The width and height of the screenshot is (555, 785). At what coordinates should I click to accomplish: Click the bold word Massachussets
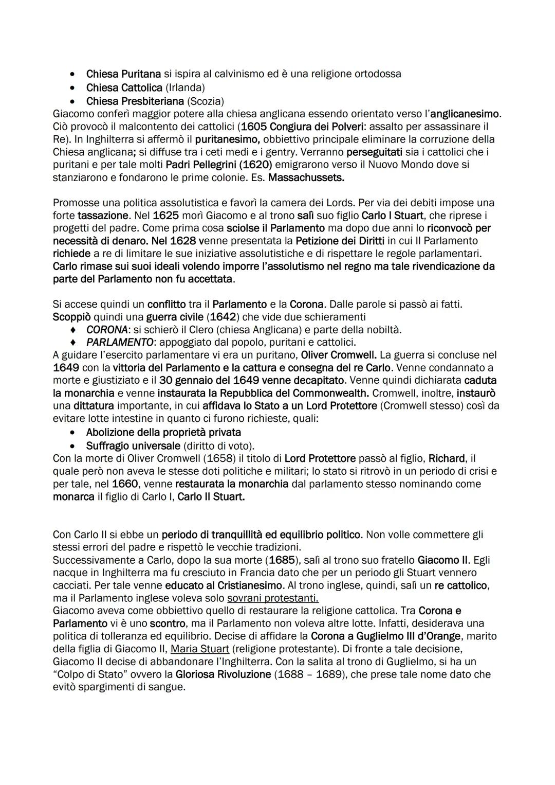[306, 177]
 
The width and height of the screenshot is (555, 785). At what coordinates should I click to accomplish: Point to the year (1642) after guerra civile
[242, 317]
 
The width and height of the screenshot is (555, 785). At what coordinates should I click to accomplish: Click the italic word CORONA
[107, 330]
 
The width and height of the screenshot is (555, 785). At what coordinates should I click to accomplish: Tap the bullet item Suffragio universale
[133, 446]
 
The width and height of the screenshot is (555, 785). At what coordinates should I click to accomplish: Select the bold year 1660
[125, 484]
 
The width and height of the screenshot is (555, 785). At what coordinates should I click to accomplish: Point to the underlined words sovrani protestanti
[272, 598]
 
